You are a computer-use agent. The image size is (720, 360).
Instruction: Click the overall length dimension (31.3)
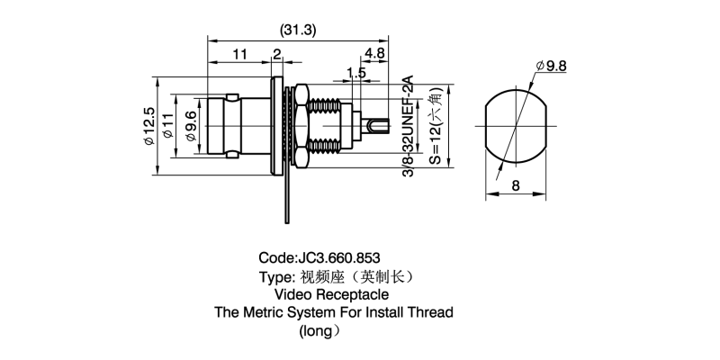[x=298, y=30]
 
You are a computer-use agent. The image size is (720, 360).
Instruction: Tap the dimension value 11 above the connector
[x=238, y=54]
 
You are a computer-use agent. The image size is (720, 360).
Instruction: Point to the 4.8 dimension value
[x=375, y=54]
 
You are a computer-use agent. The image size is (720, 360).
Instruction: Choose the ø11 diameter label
[x=168, y=127]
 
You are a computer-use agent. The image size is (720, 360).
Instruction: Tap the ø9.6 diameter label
[x=190, y=127]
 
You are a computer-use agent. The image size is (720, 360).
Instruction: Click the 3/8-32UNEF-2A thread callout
[x=407, y=127]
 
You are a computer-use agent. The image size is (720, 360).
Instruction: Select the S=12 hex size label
[x=435, y=127]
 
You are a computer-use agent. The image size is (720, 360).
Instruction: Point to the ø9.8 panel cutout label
[x=550, y=66]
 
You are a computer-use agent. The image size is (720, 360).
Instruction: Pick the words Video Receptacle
[x=332, y=294]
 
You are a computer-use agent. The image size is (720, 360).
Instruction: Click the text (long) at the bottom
[x=319, y=331]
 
